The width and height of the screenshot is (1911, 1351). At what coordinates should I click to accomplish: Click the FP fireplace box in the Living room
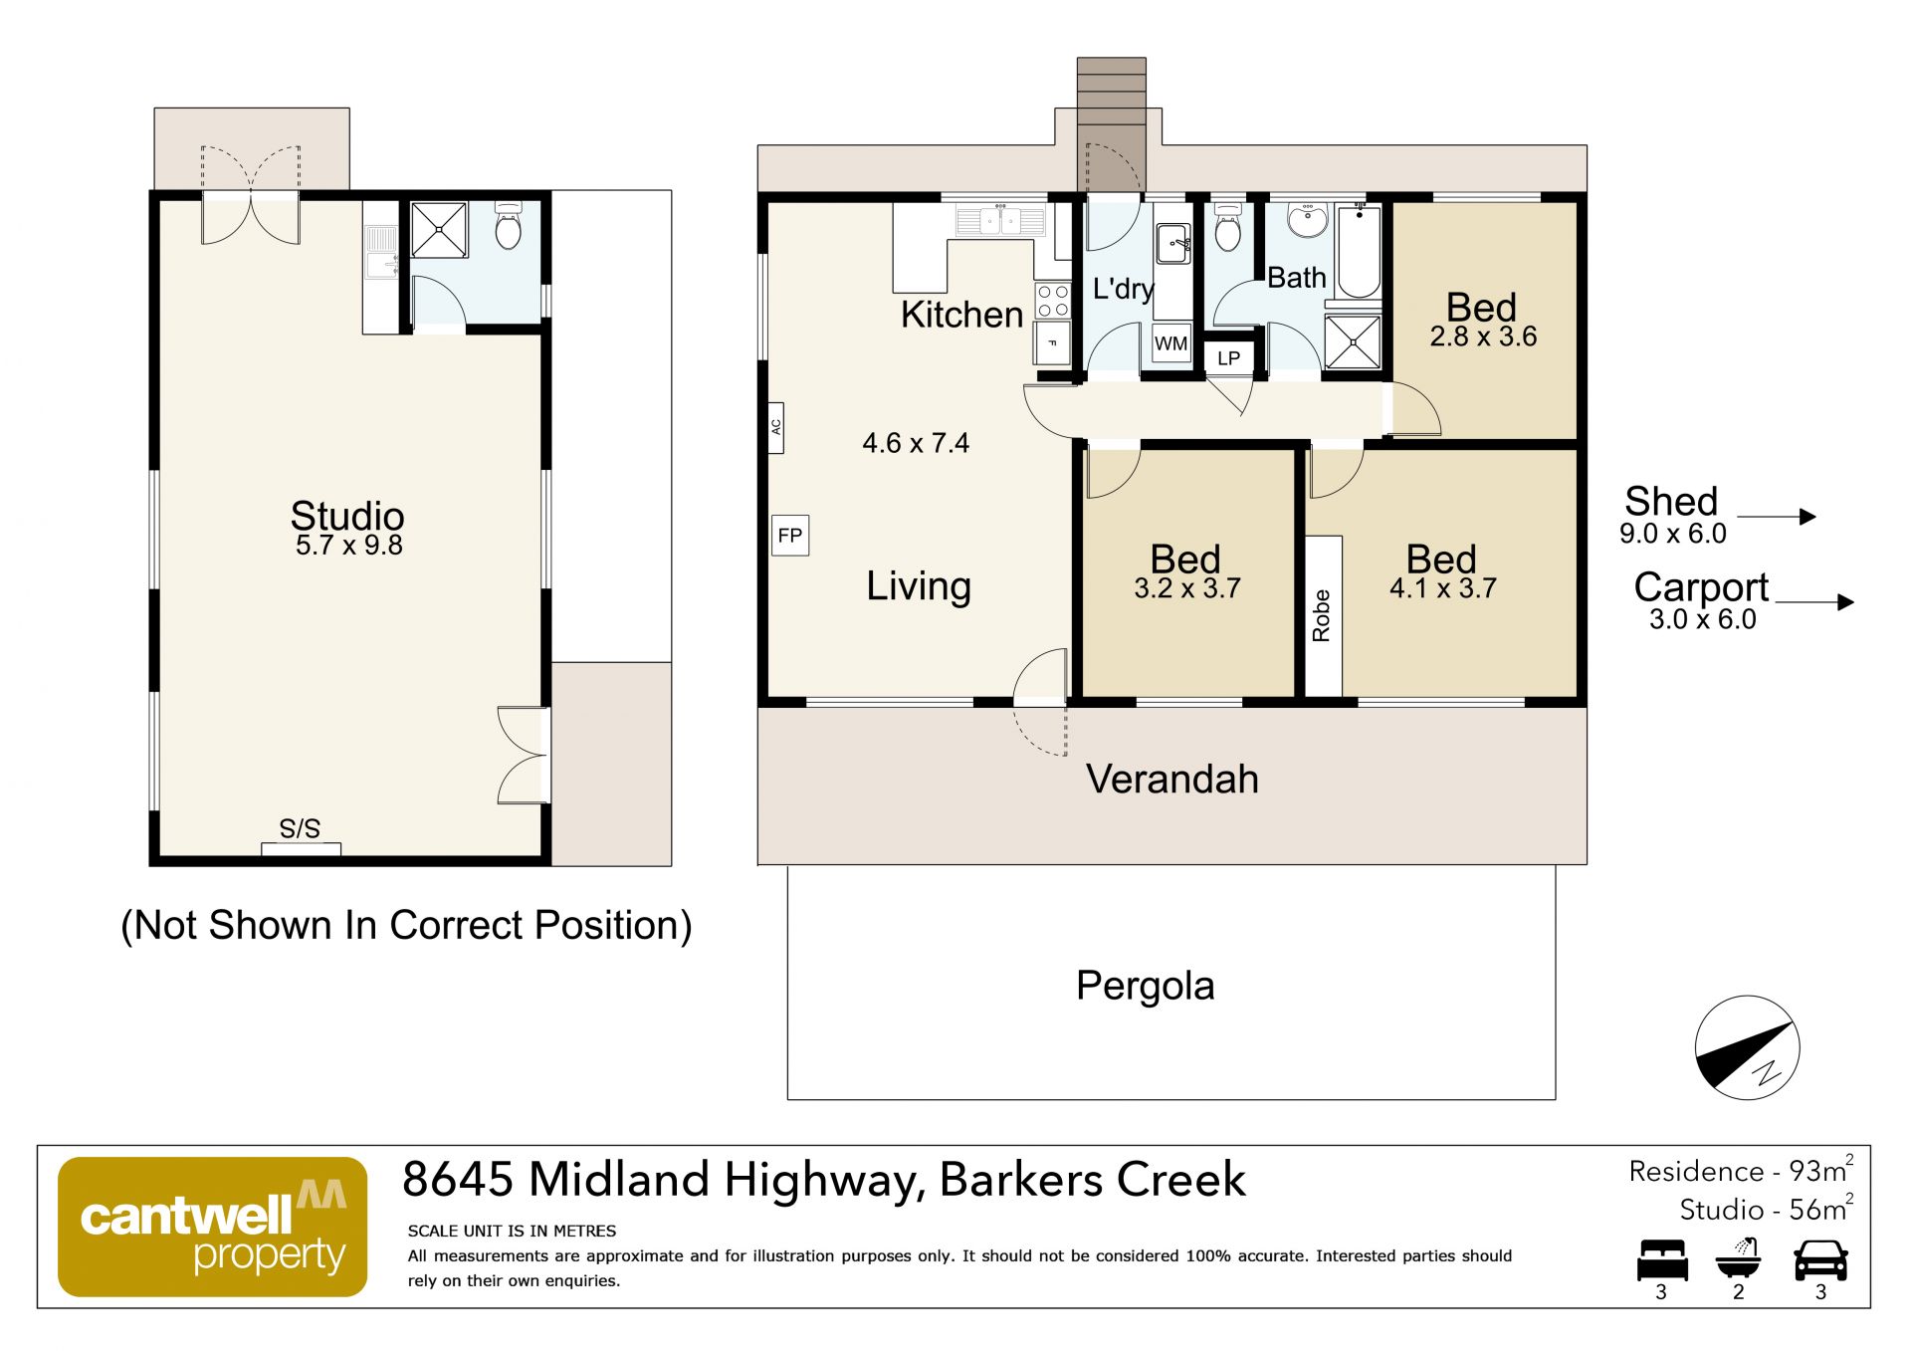coord(790,536)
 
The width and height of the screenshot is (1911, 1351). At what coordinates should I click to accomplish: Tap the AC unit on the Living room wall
coord(775,428)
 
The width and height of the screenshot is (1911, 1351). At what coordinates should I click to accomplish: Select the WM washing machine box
coord(1171,344)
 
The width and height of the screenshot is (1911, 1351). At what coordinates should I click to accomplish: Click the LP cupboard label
coord(1229,358)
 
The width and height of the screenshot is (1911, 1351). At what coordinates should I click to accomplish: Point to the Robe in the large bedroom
coord(1324,616)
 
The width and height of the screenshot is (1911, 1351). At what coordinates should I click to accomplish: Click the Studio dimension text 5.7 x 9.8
coord(349,546)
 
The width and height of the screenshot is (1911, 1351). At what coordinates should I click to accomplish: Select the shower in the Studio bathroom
coord(439,230)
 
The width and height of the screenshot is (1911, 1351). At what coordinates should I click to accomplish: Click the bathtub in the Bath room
coord(1359,250)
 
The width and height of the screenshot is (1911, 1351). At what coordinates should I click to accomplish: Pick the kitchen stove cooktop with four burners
coord(1052,302)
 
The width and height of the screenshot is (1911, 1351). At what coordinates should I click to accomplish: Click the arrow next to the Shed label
coord(1777,517)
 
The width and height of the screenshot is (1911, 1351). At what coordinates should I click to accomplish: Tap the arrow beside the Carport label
coord(1814,602)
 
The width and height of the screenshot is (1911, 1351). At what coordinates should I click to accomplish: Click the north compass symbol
coord(1747,1047)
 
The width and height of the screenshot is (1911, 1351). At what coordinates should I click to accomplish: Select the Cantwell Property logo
coord(213,1227)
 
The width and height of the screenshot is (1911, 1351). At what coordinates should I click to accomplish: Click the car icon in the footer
coord(1820,1260)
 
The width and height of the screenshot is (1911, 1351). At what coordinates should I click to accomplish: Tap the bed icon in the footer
coord(1662,1260)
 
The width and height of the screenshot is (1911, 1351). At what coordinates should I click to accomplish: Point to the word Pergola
coord(1146,987)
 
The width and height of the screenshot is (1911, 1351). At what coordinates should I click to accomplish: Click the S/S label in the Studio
coord(300,828)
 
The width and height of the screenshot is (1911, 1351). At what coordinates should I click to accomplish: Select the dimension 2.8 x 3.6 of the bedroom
coord(1483,337)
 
